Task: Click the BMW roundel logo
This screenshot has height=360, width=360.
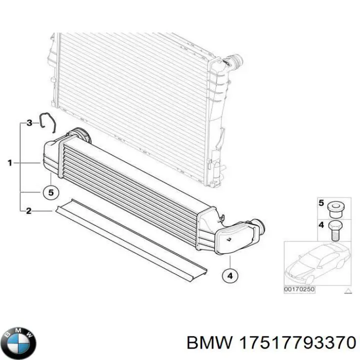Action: [x=20, y=343]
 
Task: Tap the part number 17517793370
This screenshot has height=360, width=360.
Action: [x=297, y=343]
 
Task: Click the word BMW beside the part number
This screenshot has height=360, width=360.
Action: [x=210, y=343]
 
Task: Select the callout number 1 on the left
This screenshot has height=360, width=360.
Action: [x=9, y=163]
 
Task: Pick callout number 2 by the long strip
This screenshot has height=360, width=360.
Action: [x=28, y=211]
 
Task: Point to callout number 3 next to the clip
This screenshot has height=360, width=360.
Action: [x=29, y=123]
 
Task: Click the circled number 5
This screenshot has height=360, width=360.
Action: [x=51, y=192]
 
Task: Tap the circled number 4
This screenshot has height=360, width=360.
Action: [x=230, y=275]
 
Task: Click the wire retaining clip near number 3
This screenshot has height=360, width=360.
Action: [x=47, y=122]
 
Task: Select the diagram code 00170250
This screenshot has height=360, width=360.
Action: [x=299, y=289]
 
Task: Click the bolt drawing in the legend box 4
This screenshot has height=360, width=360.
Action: [x=335, y=230]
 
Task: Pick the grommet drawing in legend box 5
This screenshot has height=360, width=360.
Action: [x=335, y=210]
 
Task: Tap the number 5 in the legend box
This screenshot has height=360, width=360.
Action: [x=321, y=203]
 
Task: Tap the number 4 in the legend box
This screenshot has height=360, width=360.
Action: [x=321, y=225]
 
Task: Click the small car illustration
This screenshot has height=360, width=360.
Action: [x=318, y=263]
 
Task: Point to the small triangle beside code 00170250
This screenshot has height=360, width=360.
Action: [x=348, y=291]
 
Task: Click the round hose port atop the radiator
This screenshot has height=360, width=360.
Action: [x=236, y=61]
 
